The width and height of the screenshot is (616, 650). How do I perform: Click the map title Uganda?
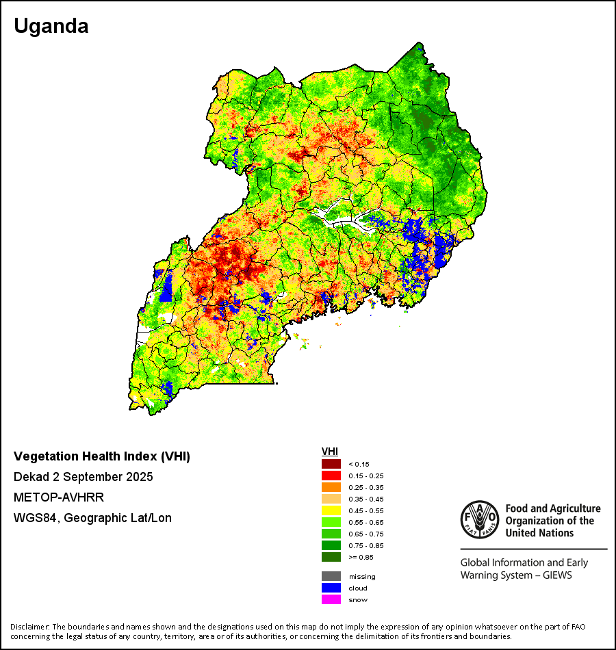click(x=51, y=26)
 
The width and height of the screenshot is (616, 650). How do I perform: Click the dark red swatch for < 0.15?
click(x=331, y=464)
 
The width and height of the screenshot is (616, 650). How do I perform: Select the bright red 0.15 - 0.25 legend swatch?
click(x=331, y=476)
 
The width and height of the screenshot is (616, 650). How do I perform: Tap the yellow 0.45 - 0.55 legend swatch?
click(x=331, y=510)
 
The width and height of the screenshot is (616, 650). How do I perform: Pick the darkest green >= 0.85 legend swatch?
click(x=331, y=557)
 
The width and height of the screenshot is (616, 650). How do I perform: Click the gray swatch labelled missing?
click(x=331, y=576)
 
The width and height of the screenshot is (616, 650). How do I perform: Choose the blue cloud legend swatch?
click(x=331, y=588)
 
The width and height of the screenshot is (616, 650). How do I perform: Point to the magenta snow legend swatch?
click(x=331, y=599)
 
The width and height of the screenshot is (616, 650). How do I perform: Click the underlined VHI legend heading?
click(x=329, y=452)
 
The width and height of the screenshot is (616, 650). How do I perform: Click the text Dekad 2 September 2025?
click(x=84, y=476)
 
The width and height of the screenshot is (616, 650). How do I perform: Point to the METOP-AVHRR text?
click(x=59, y=497)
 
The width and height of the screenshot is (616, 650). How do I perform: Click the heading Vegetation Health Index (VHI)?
click(x=102, y=456)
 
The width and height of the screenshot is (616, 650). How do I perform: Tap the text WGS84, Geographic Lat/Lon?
click(x=92, y=518)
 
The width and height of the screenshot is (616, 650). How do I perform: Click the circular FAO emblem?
click(x=478, y=519)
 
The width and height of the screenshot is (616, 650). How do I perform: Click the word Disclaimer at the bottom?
click(x=29, y=627)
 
